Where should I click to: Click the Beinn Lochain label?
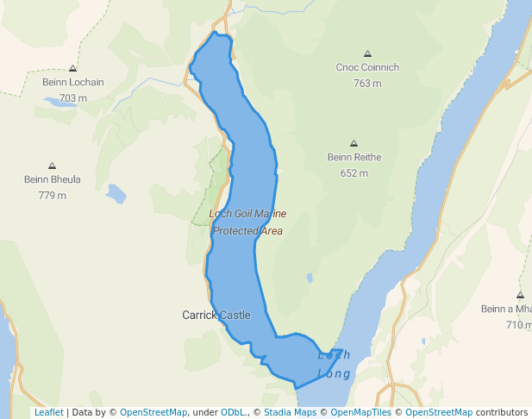72,83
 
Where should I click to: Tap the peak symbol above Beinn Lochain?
72,68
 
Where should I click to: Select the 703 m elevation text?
72,98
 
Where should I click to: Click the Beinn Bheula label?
52,180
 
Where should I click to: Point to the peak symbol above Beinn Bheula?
52,166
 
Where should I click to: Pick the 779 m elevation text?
52,196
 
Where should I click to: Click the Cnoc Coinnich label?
367,67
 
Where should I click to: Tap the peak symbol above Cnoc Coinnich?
368,53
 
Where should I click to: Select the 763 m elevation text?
367,84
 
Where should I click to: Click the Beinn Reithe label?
354,157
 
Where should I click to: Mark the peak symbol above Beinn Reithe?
354,143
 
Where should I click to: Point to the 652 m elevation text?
354,173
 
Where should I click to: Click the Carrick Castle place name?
216,316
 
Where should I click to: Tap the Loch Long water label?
334,365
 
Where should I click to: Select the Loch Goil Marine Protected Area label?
247,222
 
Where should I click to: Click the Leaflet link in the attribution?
48,412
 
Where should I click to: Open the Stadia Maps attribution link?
290,412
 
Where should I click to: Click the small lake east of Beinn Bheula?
116,193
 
